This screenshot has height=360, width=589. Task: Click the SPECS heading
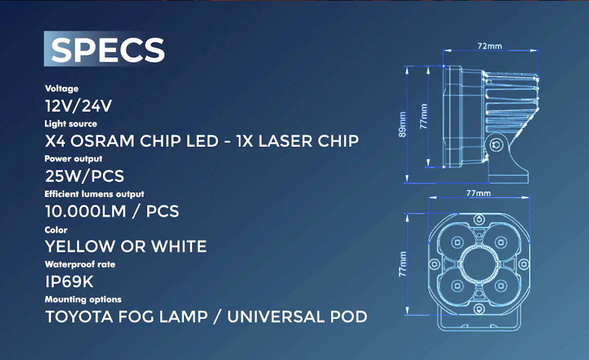(108, 50)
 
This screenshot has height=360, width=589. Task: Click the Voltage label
(61, 89)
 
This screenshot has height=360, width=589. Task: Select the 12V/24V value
(79, 106)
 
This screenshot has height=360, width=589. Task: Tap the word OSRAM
(102, 141)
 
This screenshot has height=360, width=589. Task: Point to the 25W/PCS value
(84, 176)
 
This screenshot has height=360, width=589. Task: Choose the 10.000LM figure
(86, 211)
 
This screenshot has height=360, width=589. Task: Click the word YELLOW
(80, 247)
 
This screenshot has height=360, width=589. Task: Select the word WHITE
(179, 247)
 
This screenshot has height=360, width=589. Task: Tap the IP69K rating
(69, 282)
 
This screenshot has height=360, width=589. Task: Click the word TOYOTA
(79, 317)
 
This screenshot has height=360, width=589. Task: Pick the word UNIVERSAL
(276, 317)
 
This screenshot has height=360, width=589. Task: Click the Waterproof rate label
(80, 264)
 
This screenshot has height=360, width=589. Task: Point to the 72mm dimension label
(490, 46)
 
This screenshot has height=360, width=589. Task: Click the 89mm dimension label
(403, 124)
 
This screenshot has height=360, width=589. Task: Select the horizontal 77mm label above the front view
(479, 194)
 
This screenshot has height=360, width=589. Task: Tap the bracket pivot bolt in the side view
(496, 145)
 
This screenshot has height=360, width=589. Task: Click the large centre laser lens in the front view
(479, 264)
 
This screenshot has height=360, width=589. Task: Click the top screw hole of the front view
(479, 219)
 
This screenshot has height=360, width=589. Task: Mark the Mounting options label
(83, 299)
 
